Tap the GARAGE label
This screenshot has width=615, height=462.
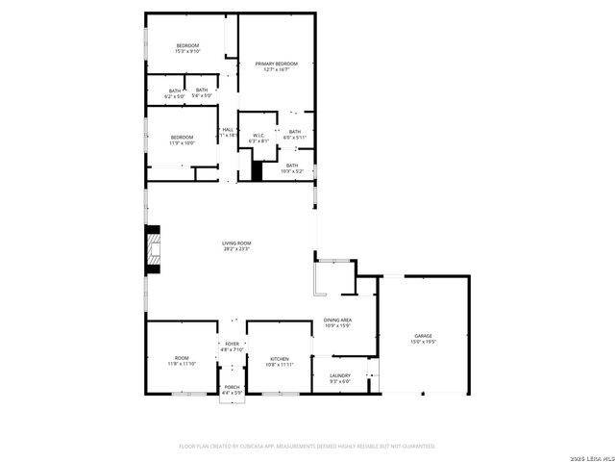(x=424, y=335)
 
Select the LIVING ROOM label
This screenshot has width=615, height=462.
(x=236, y=244)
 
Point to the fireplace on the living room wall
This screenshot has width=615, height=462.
(x=152, y=245)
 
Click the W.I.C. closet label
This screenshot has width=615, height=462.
(x=258, y=136)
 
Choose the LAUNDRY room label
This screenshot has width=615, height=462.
(x=340, y=375)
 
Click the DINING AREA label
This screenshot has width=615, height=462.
(x=337, y=320)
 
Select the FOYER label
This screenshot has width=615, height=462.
(x=233, y=344)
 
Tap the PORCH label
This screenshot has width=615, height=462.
(x=233, y=387)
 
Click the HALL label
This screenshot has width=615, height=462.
(x=229, y=129)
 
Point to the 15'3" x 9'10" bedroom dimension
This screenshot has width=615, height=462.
(x=186, y=52)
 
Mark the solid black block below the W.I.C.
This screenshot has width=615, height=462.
(x=257, y=170)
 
